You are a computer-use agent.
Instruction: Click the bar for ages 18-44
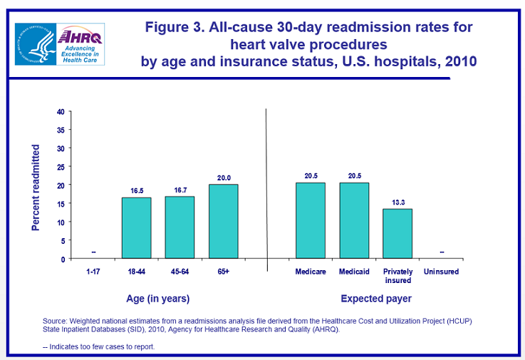coord(137,227)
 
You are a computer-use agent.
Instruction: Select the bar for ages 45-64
coord(180,227)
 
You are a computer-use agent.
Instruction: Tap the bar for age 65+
coord(223,221)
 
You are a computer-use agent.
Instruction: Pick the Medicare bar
coord(311,220)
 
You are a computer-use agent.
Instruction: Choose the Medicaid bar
coord(354,220)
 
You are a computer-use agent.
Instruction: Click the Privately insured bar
coord(397,233)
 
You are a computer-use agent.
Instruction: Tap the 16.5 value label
coord(137,191)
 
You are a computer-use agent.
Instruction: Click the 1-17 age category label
coord(93,272)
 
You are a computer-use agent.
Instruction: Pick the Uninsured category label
coord(441,272)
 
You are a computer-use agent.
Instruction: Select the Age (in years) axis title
coord(158,298)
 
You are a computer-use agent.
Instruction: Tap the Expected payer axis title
coord(375,298)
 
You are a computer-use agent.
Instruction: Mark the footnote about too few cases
coord(98,346)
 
